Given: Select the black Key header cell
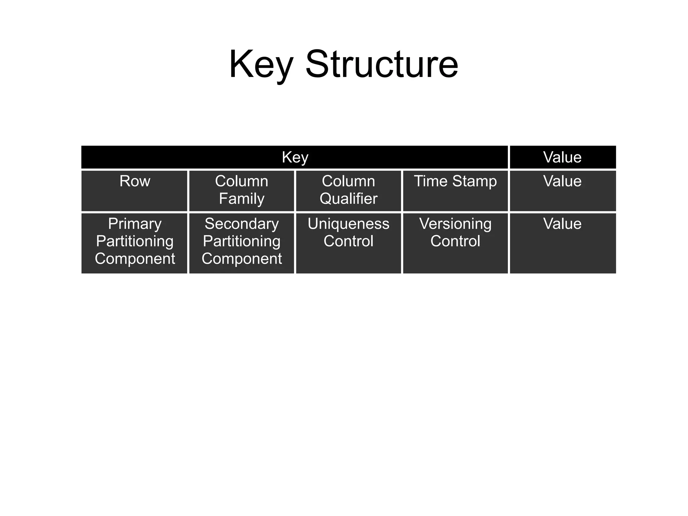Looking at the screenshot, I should pos(295,157).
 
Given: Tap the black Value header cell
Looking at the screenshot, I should pos(562,157).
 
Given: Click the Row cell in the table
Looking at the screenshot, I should pos(134,191).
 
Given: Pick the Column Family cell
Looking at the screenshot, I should pos(242,191).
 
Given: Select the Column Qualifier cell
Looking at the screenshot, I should pos(348,191).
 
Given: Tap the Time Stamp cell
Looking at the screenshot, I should pos(455,191).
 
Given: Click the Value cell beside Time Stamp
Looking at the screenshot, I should pos(562,191).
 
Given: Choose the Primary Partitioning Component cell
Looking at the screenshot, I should pos(134,243).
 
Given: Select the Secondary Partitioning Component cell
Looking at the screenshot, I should pos(242,243).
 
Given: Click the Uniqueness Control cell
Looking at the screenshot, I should pos(348,243).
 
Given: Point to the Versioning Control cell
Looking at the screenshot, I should pos(455,243).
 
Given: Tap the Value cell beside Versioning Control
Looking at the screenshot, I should pos(562,243).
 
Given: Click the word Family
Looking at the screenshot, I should pos(242,199).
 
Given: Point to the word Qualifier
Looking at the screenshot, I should pos(348,199).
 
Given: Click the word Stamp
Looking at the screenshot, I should pos(474,181).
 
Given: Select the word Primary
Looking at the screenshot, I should pos(135,224).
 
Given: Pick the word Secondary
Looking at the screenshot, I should pos(242,224).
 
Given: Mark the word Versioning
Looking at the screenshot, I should pos(455,224).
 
